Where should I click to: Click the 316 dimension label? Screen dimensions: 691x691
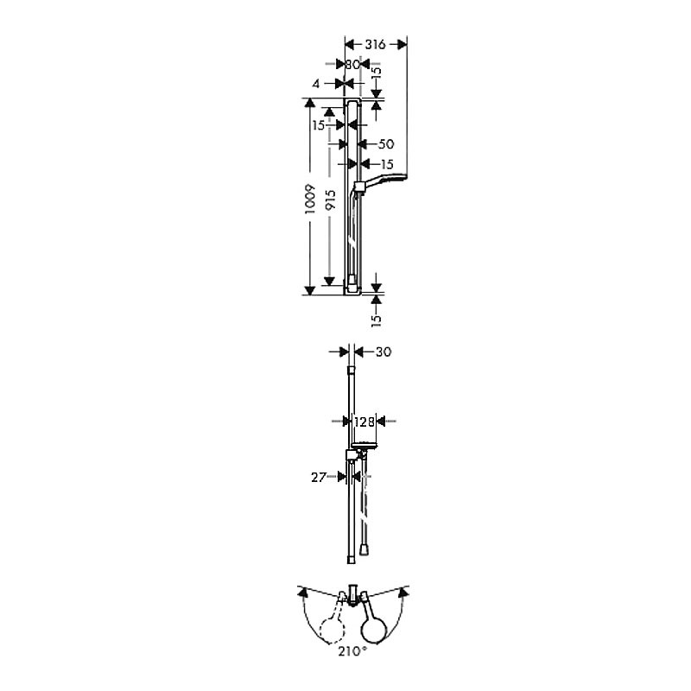(x=375, y=44)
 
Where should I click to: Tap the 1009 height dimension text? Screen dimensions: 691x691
(x=311, y=200)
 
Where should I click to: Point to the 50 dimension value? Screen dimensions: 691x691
(x=386, y=144)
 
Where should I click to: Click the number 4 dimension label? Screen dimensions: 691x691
(x=315, y=83)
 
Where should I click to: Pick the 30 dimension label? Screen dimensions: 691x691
(x=384, y=352)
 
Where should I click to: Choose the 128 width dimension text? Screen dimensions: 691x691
(x=364, y=422)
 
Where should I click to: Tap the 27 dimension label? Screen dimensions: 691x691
(x=319, y=478)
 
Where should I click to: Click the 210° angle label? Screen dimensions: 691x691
(x=352, y=651)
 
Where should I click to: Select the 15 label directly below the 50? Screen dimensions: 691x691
(x=386, y=164)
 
